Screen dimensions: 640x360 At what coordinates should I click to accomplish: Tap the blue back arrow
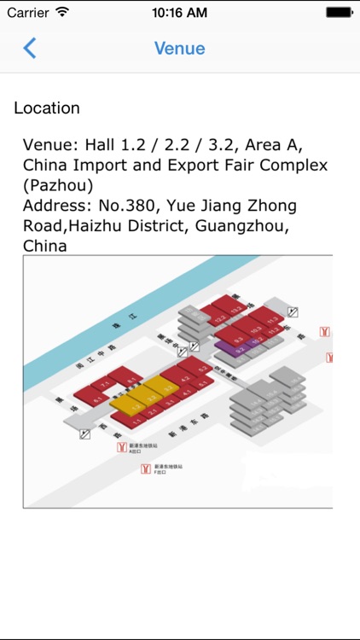pyautogui.click(x=30, y=48)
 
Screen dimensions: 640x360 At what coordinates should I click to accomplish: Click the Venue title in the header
pyautogui.click(x=180, y=48)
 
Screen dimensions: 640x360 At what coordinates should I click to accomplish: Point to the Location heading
pyautogui.click(x=47, y=108)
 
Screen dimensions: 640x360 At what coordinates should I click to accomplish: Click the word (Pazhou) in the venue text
pyautogui.click(x=59, y=184)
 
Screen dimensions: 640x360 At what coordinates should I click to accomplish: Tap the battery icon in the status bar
pyautogui.click(x=340, y=13)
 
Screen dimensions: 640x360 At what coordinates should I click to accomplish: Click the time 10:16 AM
pyautogui.click(x=180, y=13)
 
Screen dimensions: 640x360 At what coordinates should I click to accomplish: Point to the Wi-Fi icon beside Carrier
pyautogui.click(x=62, y=13)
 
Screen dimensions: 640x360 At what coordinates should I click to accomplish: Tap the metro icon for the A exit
pyautogui.click(x=123, y=446)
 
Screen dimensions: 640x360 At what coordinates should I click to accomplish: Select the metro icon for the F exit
pyautogui.click(x=146, y=468)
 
